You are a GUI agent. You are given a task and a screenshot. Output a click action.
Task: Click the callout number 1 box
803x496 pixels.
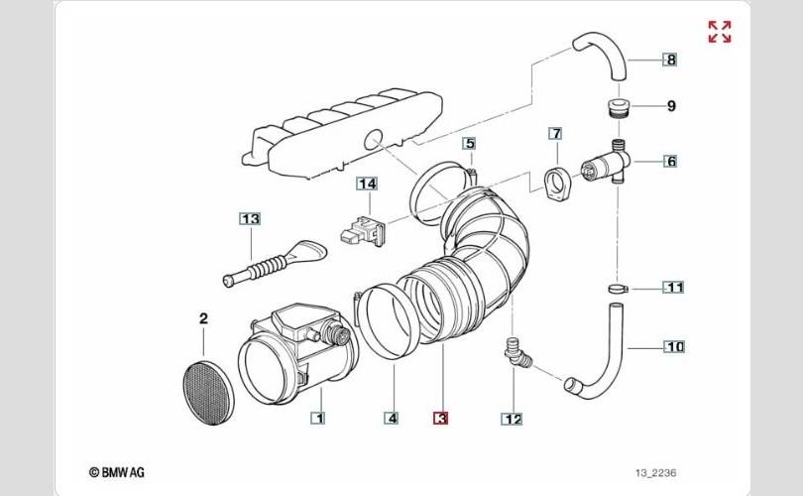(318, 419)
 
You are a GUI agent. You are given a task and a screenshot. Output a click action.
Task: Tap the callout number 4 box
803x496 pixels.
(392, 419)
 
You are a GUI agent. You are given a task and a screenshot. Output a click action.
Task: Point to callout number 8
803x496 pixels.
(671, 60)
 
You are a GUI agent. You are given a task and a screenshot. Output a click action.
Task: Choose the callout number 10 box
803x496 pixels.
(674, 347)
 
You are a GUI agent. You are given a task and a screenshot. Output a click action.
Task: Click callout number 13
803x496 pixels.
(249, 218)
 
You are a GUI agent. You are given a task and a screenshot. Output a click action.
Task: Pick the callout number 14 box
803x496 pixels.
(368, 184)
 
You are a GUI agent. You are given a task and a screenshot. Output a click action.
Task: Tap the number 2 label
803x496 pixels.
(203, 319)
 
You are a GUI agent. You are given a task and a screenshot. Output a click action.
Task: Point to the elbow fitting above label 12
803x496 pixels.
(518, 354)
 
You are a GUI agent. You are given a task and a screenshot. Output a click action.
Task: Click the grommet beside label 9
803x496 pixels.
(617, 106)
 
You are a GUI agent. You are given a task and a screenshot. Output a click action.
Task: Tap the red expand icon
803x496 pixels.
(720, 32)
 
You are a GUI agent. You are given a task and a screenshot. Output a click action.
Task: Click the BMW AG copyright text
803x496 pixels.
(117, 472)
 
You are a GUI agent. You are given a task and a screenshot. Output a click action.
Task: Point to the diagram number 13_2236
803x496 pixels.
(656, 473)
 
